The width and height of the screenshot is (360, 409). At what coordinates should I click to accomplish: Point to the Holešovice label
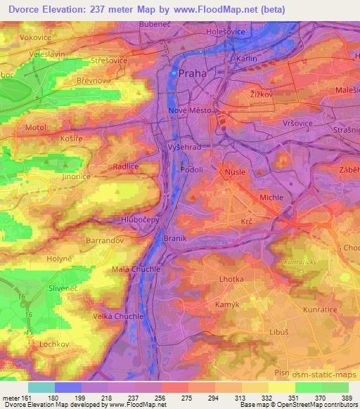(225, 32)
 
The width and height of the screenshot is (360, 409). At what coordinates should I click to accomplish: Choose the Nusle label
(233, 171)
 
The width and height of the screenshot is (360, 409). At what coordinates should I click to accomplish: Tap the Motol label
(36, 128)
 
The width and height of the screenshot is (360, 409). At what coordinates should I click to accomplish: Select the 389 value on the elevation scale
(348, 398)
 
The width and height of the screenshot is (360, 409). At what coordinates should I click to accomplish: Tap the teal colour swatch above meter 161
(41, 387)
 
